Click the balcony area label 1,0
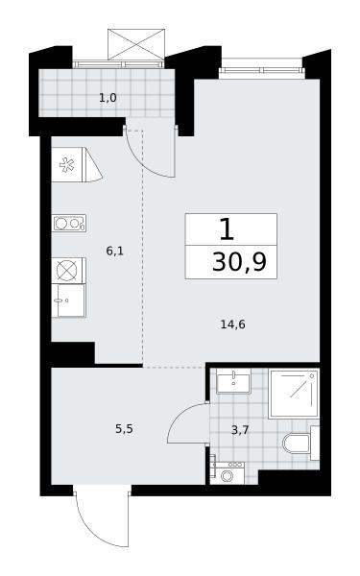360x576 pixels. pos(108,98)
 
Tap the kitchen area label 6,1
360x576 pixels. pos(114,252)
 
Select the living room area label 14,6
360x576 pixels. pos(232,324)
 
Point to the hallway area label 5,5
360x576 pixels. pos(124,429)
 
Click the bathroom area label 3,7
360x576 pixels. pos(240,430)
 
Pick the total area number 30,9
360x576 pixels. pos(239,262)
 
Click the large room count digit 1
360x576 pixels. pos(227,228)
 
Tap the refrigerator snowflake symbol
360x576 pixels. pos(66,165)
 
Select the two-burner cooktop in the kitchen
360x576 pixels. pos(69,223)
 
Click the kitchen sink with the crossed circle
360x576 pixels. pos(68,271)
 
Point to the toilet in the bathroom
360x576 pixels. pos(300,443)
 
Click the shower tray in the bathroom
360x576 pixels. pos(294,394)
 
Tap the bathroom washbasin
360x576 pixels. pos(233,381)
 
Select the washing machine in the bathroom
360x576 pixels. pos(228,473)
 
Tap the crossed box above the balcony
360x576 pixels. pos(136,44)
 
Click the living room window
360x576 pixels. pos(261,71)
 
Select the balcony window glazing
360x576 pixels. pos(118,64)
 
